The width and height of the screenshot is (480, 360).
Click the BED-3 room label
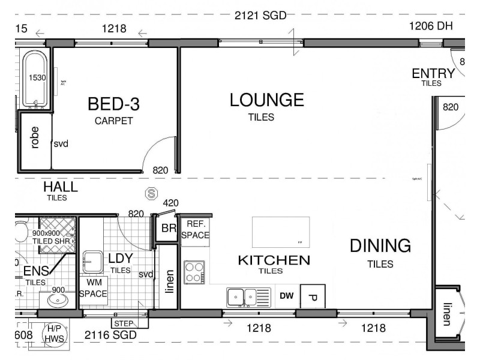tap(113, 105)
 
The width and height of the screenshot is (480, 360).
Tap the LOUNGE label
tap(266, 100)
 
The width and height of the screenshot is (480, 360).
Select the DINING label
tap(380, 246)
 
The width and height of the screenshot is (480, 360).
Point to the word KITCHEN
tap(274, 260)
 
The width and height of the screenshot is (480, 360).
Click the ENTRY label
tap(433, 73)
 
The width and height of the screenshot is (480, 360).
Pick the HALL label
tap(60, 187)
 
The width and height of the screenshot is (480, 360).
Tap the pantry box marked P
tap(312, 296)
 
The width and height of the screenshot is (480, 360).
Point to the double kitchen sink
tap(242, 296)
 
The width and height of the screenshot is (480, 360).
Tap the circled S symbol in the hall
tap(152, 194)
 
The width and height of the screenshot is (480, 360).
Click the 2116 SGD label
tap(110, 334)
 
